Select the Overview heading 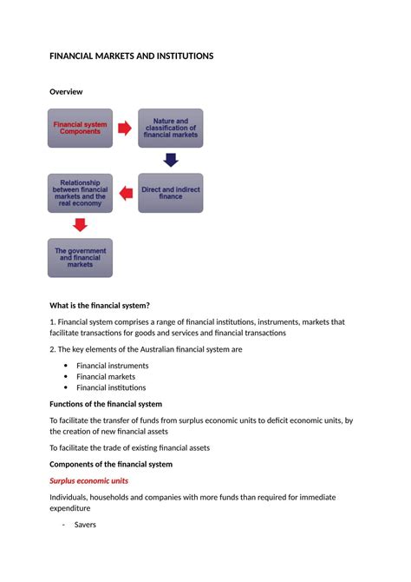[x=66, y=91]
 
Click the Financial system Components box [x=80, y=129]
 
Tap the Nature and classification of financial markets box [x=170, y=129]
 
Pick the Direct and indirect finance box [x=170, y=193]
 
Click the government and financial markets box [x=80, y=257]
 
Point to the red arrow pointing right [x=125, y=129]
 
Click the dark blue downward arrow [x=171, y=161]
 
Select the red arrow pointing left [x=125, y=193]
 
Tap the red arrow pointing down [x=80, y=225]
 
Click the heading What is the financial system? [x=100, y=305]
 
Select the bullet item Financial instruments [x=112, y=366]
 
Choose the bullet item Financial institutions [x=111, y=388]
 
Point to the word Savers [x=84, y=525]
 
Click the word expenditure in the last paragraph [x=70, y=508]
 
